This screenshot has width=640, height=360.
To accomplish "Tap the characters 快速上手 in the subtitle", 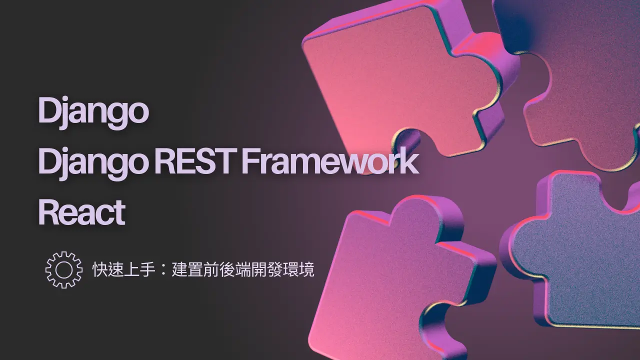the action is (x=123, y=269).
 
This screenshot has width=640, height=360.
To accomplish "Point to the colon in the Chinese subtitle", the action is (x=163, y=269).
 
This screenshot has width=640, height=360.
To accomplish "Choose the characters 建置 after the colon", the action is (x=187, y=269).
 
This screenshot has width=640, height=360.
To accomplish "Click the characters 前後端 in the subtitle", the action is (x=227, y=269).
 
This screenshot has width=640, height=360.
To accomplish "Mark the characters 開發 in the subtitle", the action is (x=266, y=269).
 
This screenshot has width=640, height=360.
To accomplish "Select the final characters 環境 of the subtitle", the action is (x=298, y=269).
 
